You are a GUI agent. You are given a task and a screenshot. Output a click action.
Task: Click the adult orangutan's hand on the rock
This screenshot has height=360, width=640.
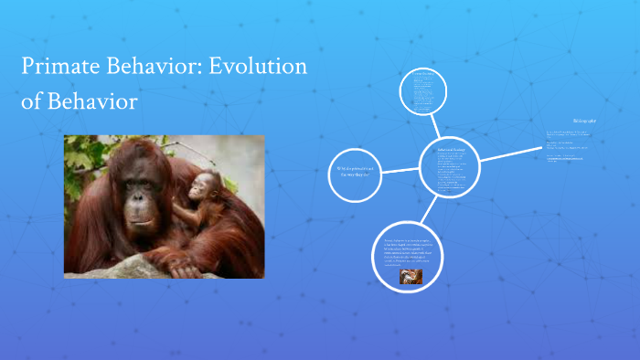tap(184, 268)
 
